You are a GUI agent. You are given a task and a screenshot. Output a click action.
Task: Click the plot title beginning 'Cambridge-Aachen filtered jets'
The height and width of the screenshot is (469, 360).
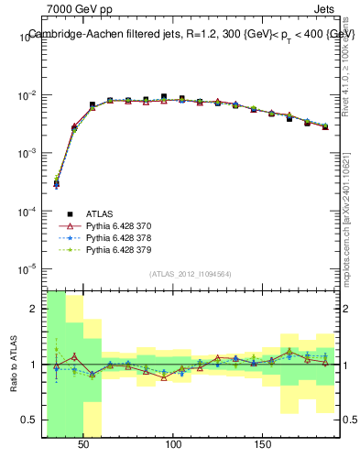tap(191, 34)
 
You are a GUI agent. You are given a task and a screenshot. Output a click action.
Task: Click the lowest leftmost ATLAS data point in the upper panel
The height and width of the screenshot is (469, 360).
tap(57, 183)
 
